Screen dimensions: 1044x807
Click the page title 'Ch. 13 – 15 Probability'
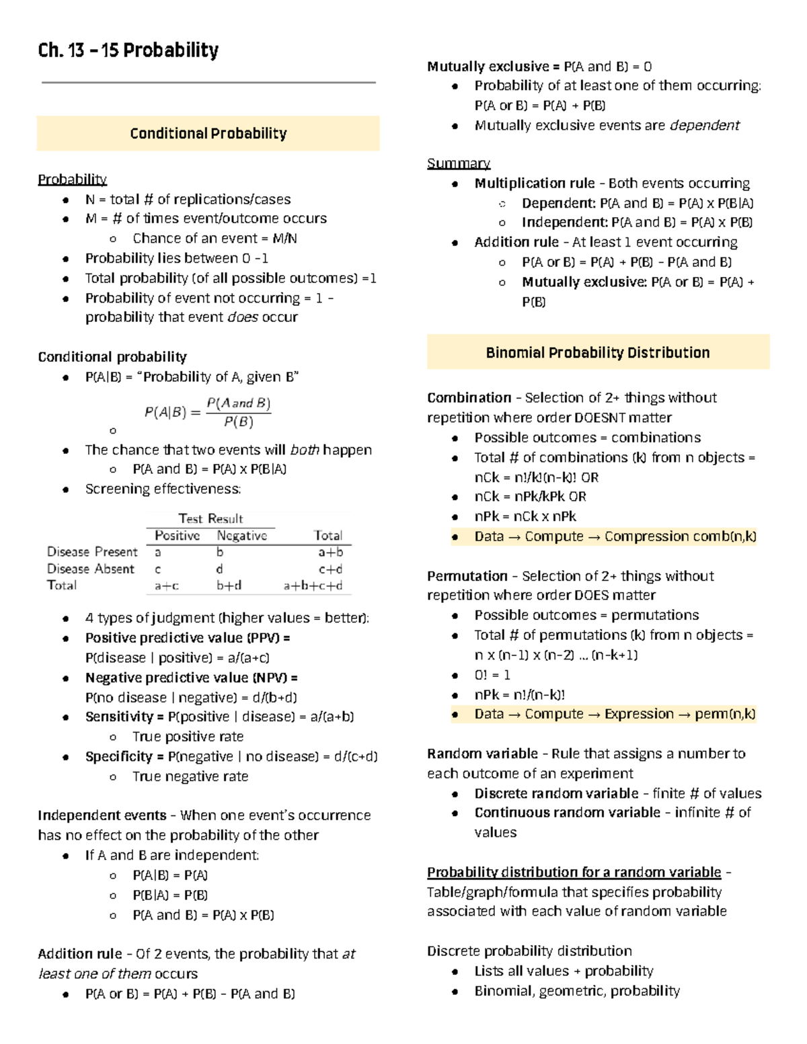[128, 50]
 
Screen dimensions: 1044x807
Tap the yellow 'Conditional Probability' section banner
[208, 133]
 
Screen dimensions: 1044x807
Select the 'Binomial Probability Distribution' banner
[597, 352]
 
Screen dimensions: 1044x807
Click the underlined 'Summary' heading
[458, 163]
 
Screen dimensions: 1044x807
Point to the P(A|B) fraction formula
[208, 412]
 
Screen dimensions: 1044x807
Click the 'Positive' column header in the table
[177, 536]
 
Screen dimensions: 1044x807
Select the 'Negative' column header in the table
[241, 536]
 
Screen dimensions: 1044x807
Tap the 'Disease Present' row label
[92, 552]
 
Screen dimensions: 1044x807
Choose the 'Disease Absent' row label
[91, 569]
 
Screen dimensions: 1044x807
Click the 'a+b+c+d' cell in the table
[313, 586]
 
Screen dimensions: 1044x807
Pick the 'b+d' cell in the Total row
[229, 586]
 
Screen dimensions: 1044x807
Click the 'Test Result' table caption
[210, 518]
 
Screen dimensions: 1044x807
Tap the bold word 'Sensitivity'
[119, 717]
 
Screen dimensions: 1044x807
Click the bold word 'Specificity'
[119, 756]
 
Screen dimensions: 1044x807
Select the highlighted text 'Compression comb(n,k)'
[680, 536]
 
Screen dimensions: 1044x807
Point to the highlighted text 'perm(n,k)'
[725, 714]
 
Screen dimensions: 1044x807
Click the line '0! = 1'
[492, 675]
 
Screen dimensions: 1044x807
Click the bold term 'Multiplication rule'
[534, 184]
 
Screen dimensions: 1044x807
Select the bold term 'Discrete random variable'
[556, 793]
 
